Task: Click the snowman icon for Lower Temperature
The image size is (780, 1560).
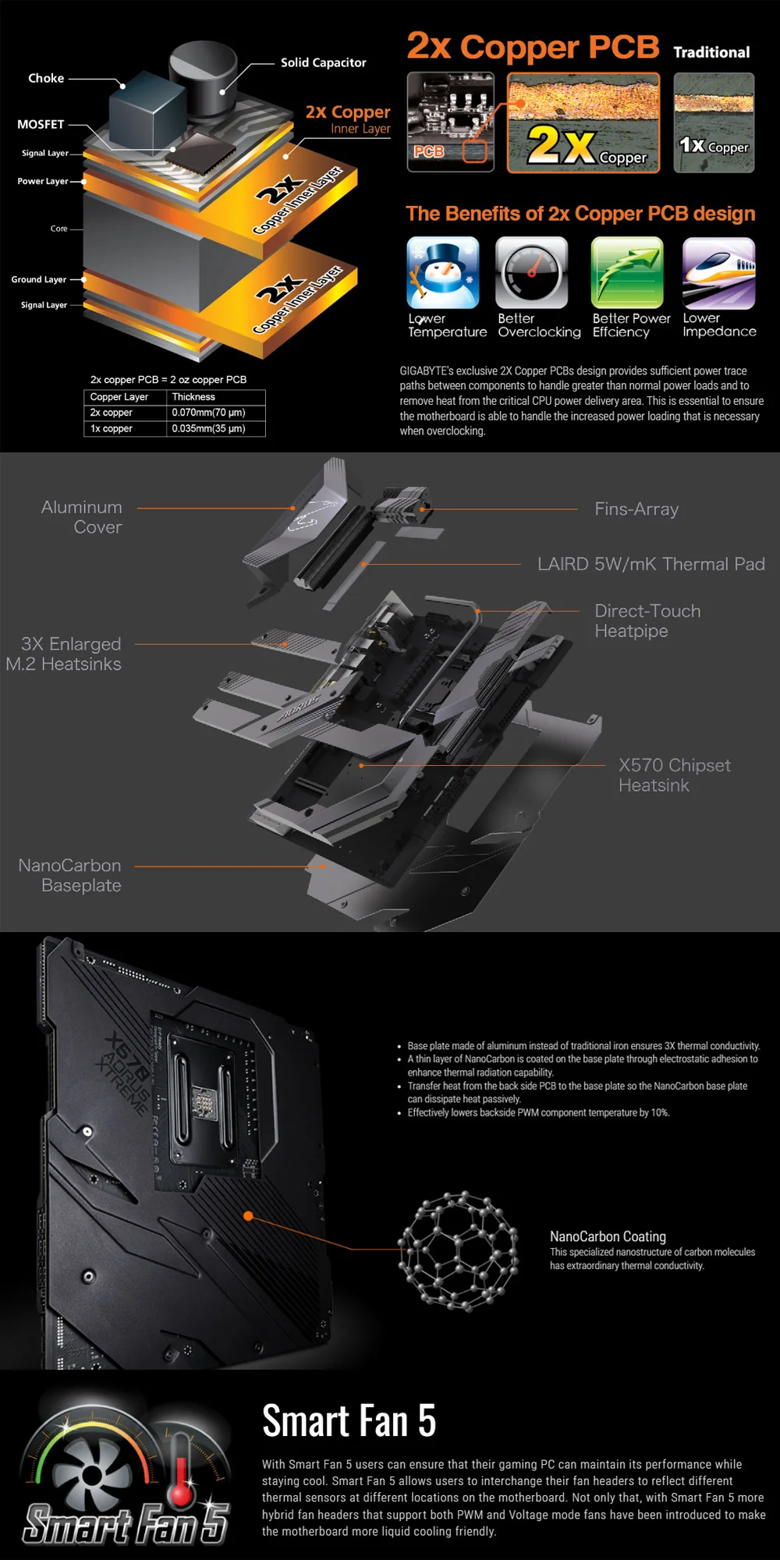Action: pyautogui.click(x=443, y=273)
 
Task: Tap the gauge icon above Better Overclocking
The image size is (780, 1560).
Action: pyautogui.click(x=531, y=273)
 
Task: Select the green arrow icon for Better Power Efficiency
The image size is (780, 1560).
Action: pyautogui.click(x=627, y=273)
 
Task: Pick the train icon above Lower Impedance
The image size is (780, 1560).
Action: pyautogui.click(x=718, y=273)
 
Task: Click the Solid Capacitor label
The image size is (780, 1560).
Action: pyautogui.click(x=323, y=62)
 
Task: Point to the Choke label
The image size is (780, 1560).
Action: pyautogui.click(x=46, y=78)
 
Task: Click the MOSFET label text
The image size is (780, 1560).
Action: pyautogui.click(x=41, y=124)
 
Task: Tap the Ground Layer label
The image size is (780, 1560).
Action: pyautogui.click(x=38, y=279)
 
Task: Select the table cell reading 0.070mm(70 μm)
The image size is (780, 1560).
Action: pyautogui.click(x=208, y=413)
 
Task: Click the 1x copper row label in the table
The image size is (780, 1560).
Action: pyautogui.click(x=111, y=429)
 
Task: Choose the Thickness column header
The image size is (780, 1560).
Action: pyautogui.click(x=193, y=397)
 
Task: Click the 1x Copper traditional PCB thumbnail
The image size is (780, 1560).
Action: pyautogui.click(x=714, y=122)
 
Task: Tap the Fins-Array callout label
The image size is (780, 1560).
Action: pyautogui.click(x=636, y=509)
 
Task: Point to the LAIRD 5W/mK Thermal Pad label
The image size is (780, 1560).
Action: pyautogui.click(x=651, y=564)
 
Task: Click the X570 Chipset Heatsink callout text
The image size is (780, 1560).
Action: pyautogui.click(x=675, y=775)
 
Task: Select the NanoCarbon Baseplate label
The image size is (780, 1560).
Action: pyautogui.click(x=69, y=875)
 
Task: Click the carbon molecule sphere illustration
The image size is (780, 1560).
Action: pyautogui.click(x=458, y=1250)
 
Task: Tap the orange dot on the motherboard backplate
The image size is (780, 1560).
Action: pyautogui.click(x=248, y=1216)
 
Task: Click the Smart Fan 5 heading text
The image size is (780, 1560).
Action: pyautogui.click(x=349, y=1420)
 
